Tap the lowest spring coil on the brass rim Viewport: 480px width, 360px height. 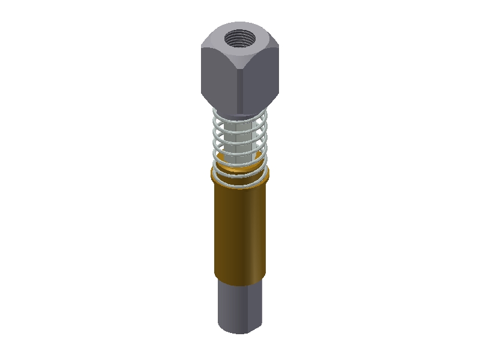pyautogui.click(x=240, y=183)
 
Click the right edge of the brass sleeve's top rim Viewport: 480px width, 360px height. pyautogui.click(x=268, y=174)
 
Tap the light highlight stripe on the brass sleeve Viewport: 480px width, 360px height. pyautogui.click(x=256, y=234)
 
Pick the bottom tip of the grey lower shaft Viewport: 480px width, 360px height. pyautogui.click(x=240, y=332)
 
